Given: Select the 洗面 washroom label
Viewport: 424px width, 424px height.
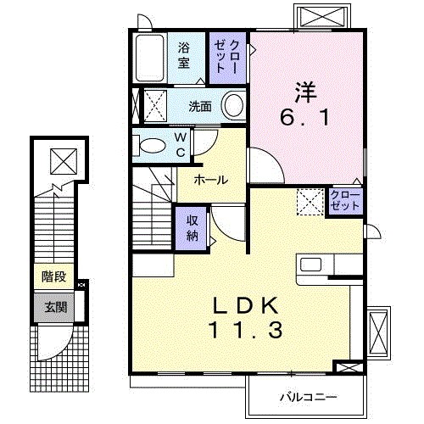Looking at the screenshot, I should tap(200, 107).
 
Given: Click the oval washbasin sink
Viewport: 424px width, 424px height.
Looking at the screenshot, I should tap(232, 106).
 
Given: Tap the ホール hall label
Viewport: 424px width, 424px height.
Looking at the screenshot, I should tap(209, 180).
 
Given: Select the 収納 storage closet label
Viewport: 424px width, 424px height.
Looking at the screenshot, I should tap(192, 227).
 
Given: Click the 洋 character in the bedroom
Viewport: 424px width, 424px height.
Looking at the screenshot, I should tap(306, 88).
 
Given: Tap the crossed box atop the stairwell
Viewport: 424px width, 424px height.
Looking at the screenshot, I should tap(62, 159).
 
